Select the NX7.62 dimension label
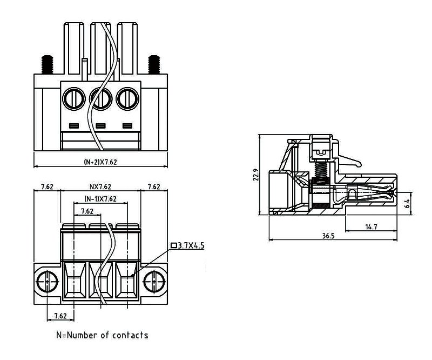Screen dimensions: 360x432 coord(100,187)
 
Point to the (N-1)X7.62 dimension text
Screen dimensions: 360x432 coord(100,198)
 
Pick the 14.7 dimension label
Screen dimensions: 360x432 coord(371,226)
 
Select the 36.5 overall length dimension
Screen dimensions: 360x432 coord(328,236)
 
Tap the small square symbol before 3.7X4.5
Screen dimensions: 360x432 coord(174,246)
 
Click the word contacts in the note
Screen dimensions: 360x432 coord(130,335)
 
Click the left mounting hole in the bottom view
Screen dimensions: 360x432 coord(48,281)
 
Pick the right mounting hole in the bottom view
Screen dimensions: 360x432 coord(154,281)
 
